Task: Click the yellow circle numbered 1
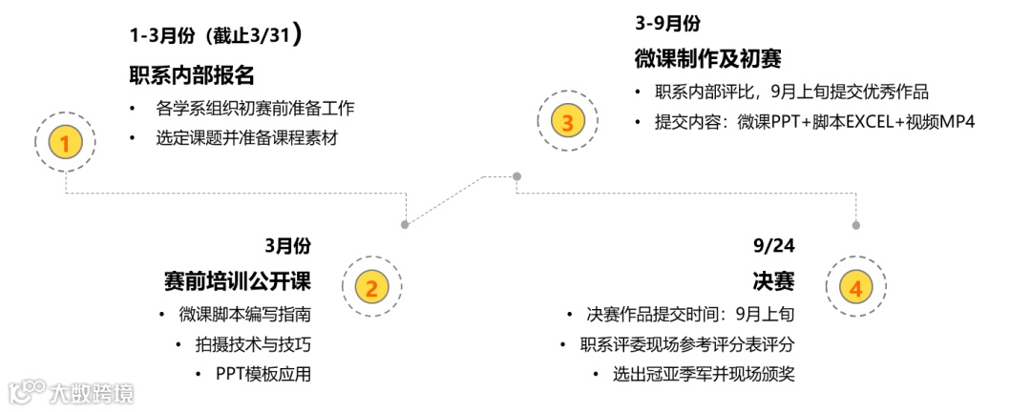(x=65, y=143)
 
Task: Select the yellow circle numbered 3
(x=567, y=122)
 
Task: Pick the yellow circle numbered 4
(x=855, y=287)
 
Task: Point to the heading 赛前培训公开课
(x=238, y=281)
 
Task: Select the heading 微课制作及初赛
(x=707, y=59)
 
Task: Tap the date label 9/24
(x=774, y=246)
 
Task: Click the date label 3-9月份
(x=667, y=23)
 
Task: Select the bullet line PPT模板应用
(x=263, y=374)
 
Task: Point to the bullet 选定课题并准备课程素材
(x=247, y=137)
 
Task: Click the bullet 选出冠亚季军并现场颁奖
(x=704, y=374)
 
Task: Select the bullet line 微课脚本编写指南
(x=245, y=315)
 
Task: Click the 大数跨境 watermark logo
(x=72, y=392)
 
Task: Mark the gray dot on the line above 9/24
(x=855, y=225)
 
